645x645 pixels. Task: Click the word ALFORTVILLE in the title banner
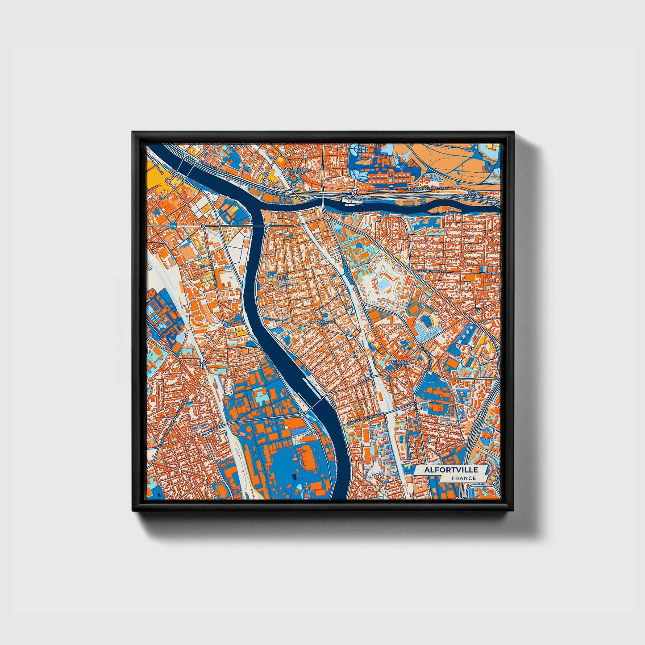pos(451,470)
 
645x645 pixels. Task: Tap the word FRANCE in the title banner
pos(463,479)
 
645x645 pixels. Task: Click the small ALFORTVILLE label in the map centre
pos(322,322)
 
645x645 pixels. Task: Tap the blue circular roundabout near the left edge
pos(173,226)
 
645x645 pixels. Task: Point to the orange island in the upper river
pos(442,208)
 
